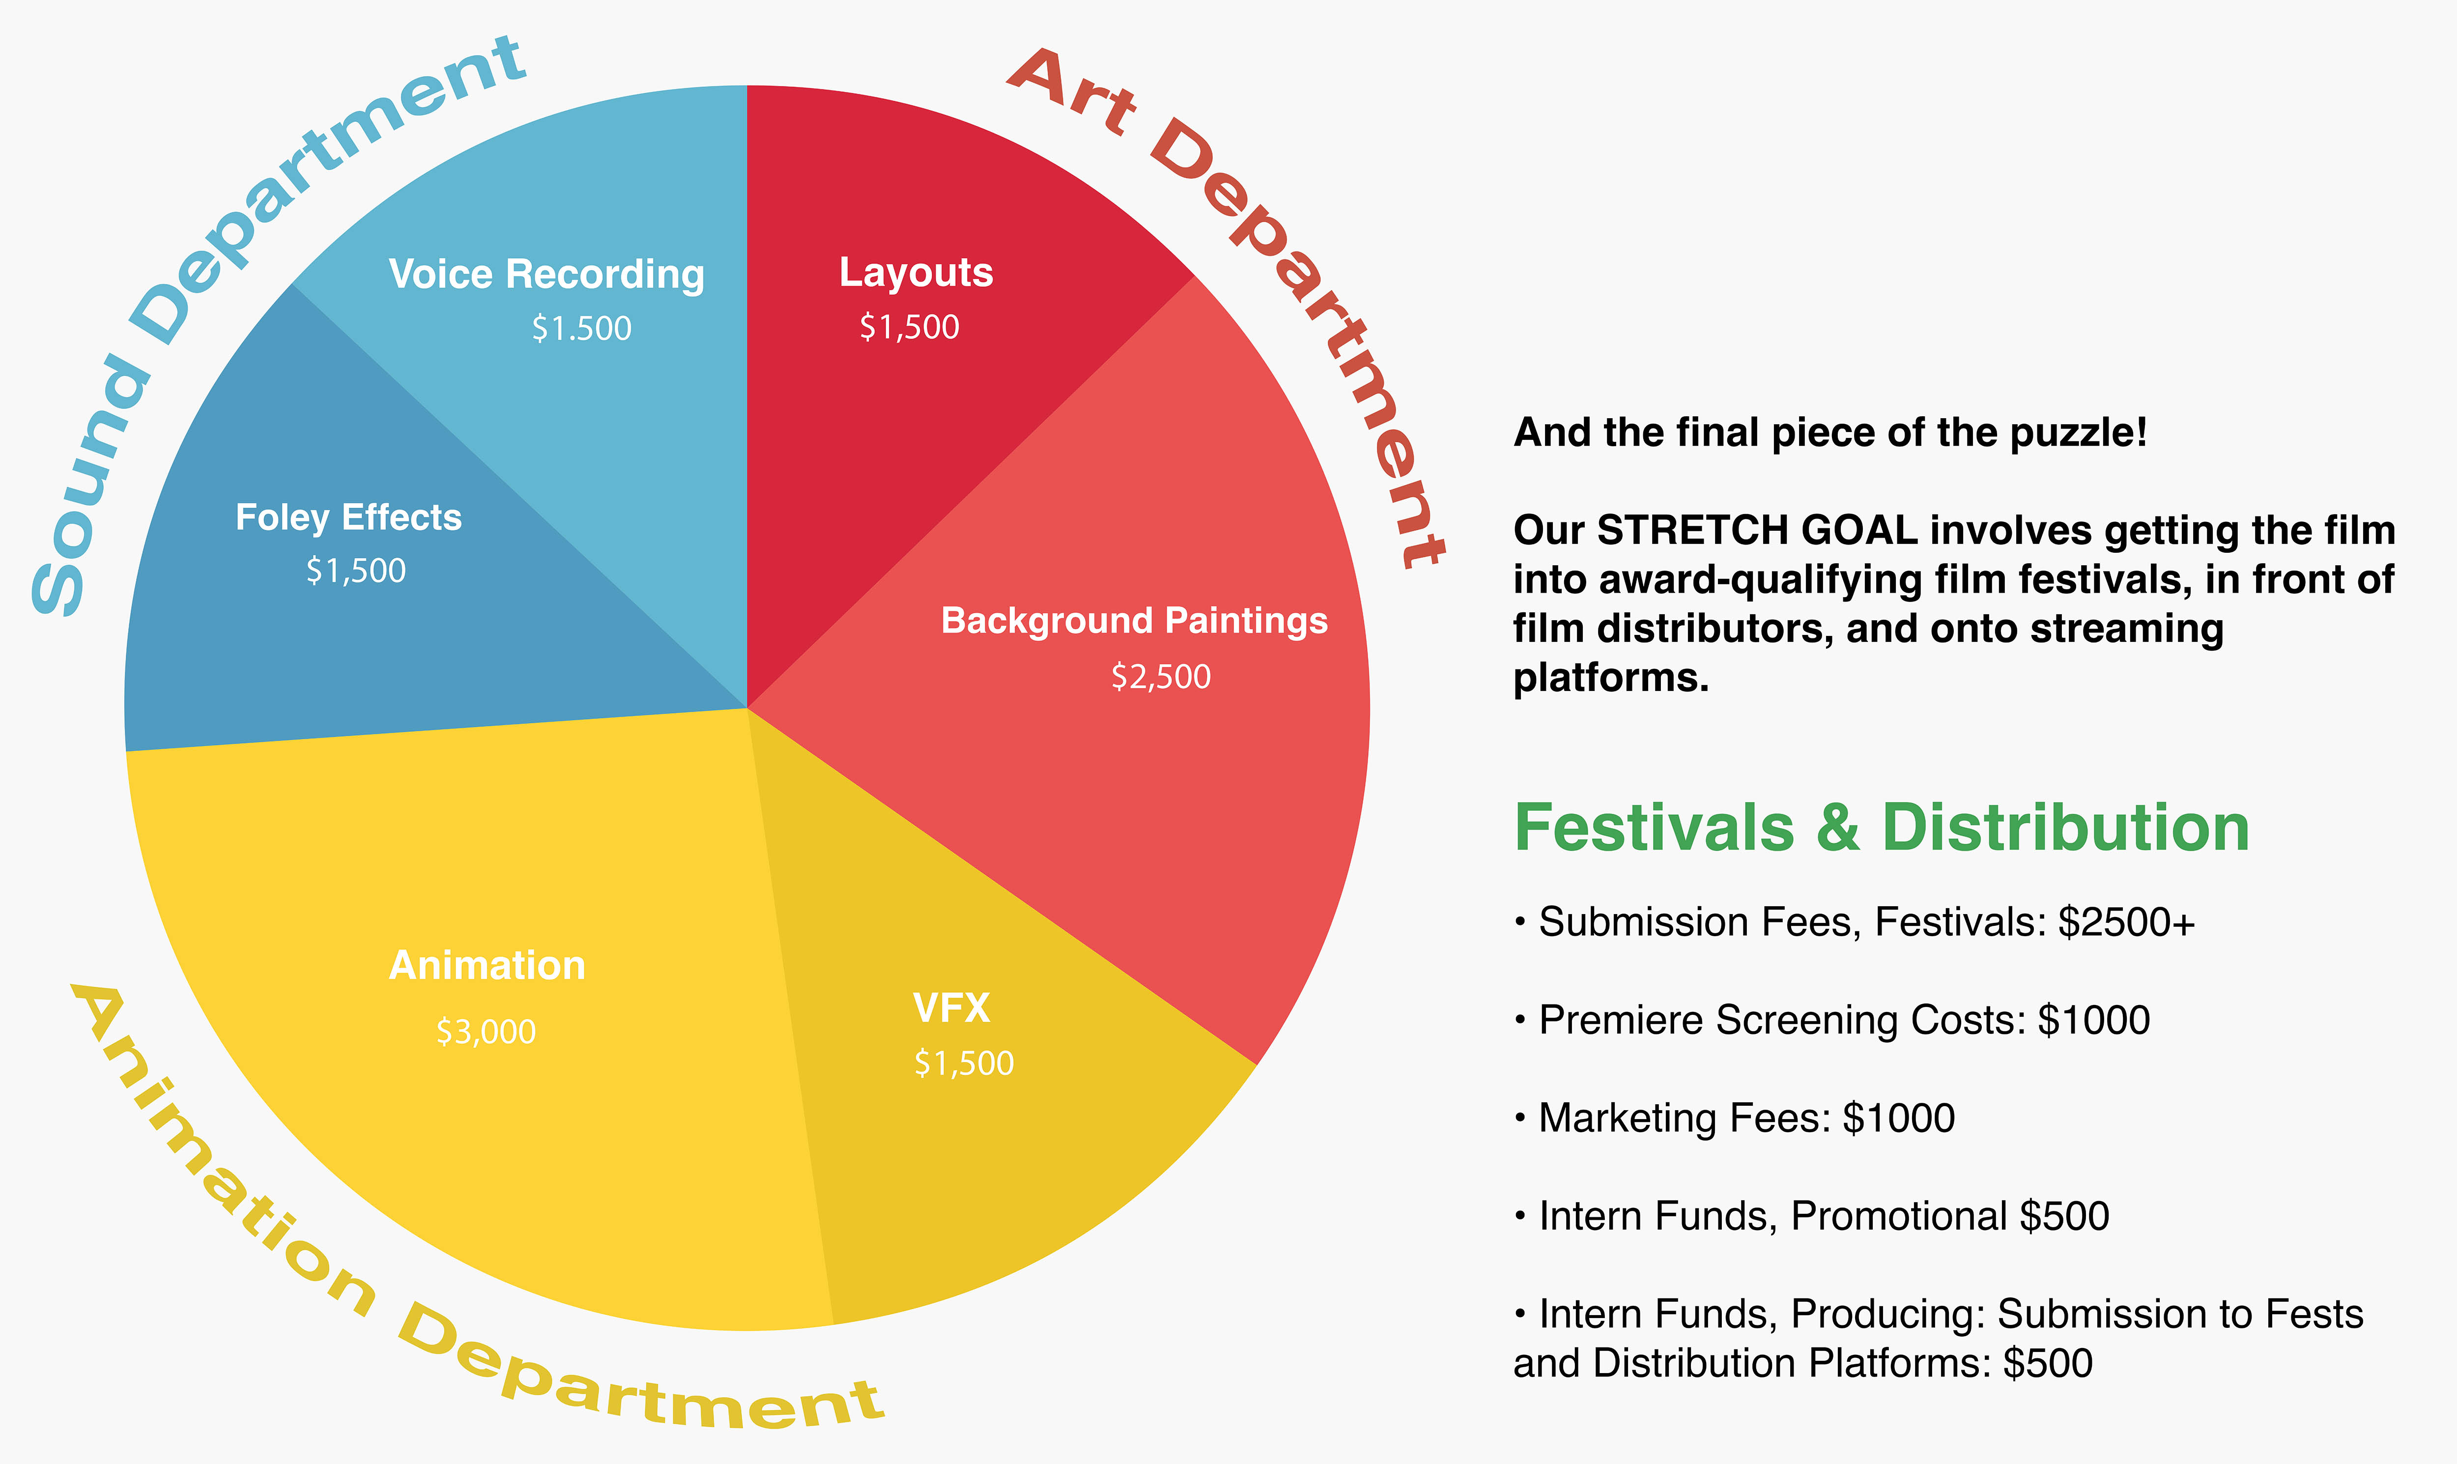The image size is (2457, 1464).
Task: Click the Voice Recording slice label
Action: click(x=546, y=274)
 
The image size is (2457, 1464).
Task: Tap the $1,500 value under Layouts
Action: click(x=910, y=326)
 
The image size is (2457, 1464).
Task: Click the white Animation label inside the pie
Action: click(x=487, y=965)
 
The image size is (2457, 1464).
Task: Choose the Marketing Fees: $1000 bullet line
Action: click(x=1734, y=1118)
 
